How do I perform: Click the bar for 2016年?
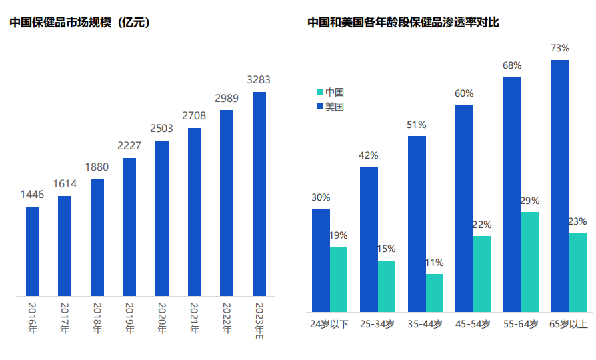pyautogui.click(x=33, y=251)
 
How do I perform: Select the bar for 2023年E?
pyautogui.click(x=259, y=194)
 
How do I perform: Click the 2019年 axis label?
pyautogui.click(x=129, y=318)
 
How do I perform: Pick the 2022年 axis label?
pyautogui.click(x=227, y=318)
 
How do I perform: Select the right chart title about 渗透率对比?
pyautogui.click(x=403, y=23)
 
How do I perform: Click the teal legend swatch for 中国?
pyautogui.click(x=319, y=92)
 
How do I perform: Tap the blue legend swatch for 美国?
pyautogui.click(x=319, y=107)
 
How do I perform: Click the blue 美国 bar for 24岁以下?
pyautogui.click(x=321, y=260)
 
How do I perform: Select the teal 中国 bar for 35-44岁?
pyautogui.click(x=435, y=293)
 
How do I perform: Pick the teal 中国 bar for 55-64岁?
pyautogui.click(x=531, y=262)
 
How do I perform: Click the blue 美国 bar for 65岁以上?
pyautogui.click(x=560, y=186)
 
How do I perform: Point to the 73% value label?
pyautogui.click(x=560, y=48)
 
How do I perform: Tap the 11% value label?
pyautogui.click(x=434, y=263)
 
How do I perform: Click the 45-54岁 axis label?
pyautogui.click(x=473, y=325)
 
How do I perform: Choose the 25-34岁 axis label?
pyautogui.click(x=377, y=325)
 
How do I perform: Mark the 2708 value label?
pyautogui.click(x=194, y=116)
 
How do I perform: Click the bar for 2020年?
pyautogui.click(x=162, y=219)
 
